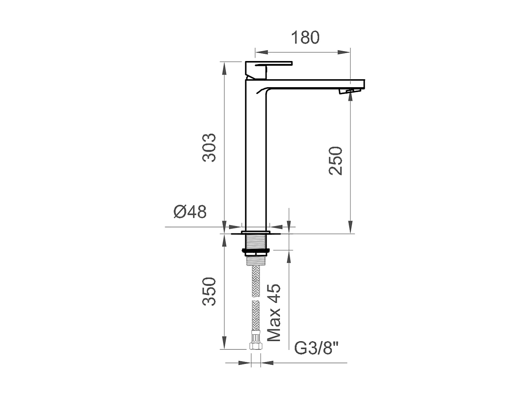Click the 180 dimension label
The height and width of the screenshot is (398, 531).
(x=305, y=37)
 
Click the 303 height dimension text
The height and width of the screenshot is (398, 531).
(x=209, y=147)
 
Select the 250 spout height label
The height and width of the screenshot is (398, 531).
(x=335, y=160)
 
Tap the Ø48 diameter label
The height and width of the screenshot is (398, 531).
(x=190, y=212)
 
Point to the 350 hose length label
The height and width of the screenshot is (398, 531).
(x=209, y=291)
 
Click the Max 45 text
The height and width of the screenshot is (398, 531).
(x=274, y=312)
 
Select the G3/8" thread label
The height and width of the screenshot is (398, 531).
(x=316, y=348)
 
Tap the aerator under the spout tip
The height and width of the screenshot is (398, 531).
(x=348, y=91)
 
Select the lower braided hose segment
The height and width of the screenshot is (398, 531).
(x=256, y=315)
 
